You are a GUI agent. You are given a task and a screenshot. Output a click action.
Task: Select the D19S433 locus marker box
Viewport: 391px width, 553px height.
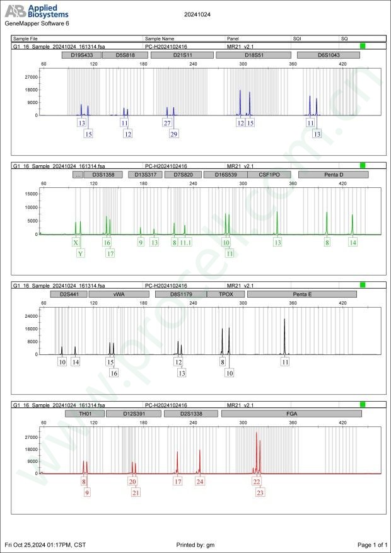click(x=81, y=55)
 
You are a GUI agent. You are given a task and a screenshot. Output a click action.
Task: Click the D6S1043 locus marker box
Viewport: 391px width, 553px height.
click(x=328, y=55)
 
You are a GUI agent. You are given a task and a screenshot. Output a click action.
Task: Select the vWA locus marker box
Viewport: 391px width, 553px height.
click(x=119, y=294)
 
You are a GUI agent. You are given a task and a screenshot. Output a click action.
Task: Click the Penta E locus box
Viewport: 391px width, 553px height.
click(x=302, y=294)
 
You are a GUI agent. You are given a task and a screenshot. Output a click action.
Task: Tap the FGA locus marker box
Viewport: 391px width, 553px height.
click(x=291, y=414)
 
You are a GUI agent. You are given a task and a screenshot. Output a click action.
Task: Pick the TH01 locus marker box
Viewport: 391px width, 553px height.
click(x=84, y=414)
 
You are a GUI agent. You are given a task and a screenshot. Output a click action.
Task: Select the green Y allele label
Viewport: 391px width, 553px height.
click(x=81, y=253)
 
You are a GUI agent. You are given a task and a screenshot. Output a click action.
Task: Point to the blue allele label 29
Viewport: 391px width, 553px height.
click(x=174, y=134)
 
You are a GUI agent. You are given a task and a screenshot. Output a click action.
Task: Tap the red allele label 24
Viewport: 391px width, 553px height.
click(x=200, y=482)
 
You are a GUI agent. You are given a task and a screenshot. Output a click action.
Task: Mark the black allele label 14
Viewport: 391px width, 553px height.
click(x=75, y=362)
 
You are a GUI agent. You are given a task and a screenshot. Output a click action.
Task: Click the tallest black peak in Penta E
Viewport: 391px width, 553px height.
click(x=284, y=320)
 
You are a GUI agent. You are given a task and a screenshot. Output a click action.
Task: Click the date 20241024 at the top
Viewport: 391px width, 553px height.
click(x=195, y=13)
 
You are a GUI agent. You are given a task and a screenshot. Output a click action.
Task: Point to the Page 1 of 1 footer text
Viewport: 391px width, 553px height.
click(x=371, y=544)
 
